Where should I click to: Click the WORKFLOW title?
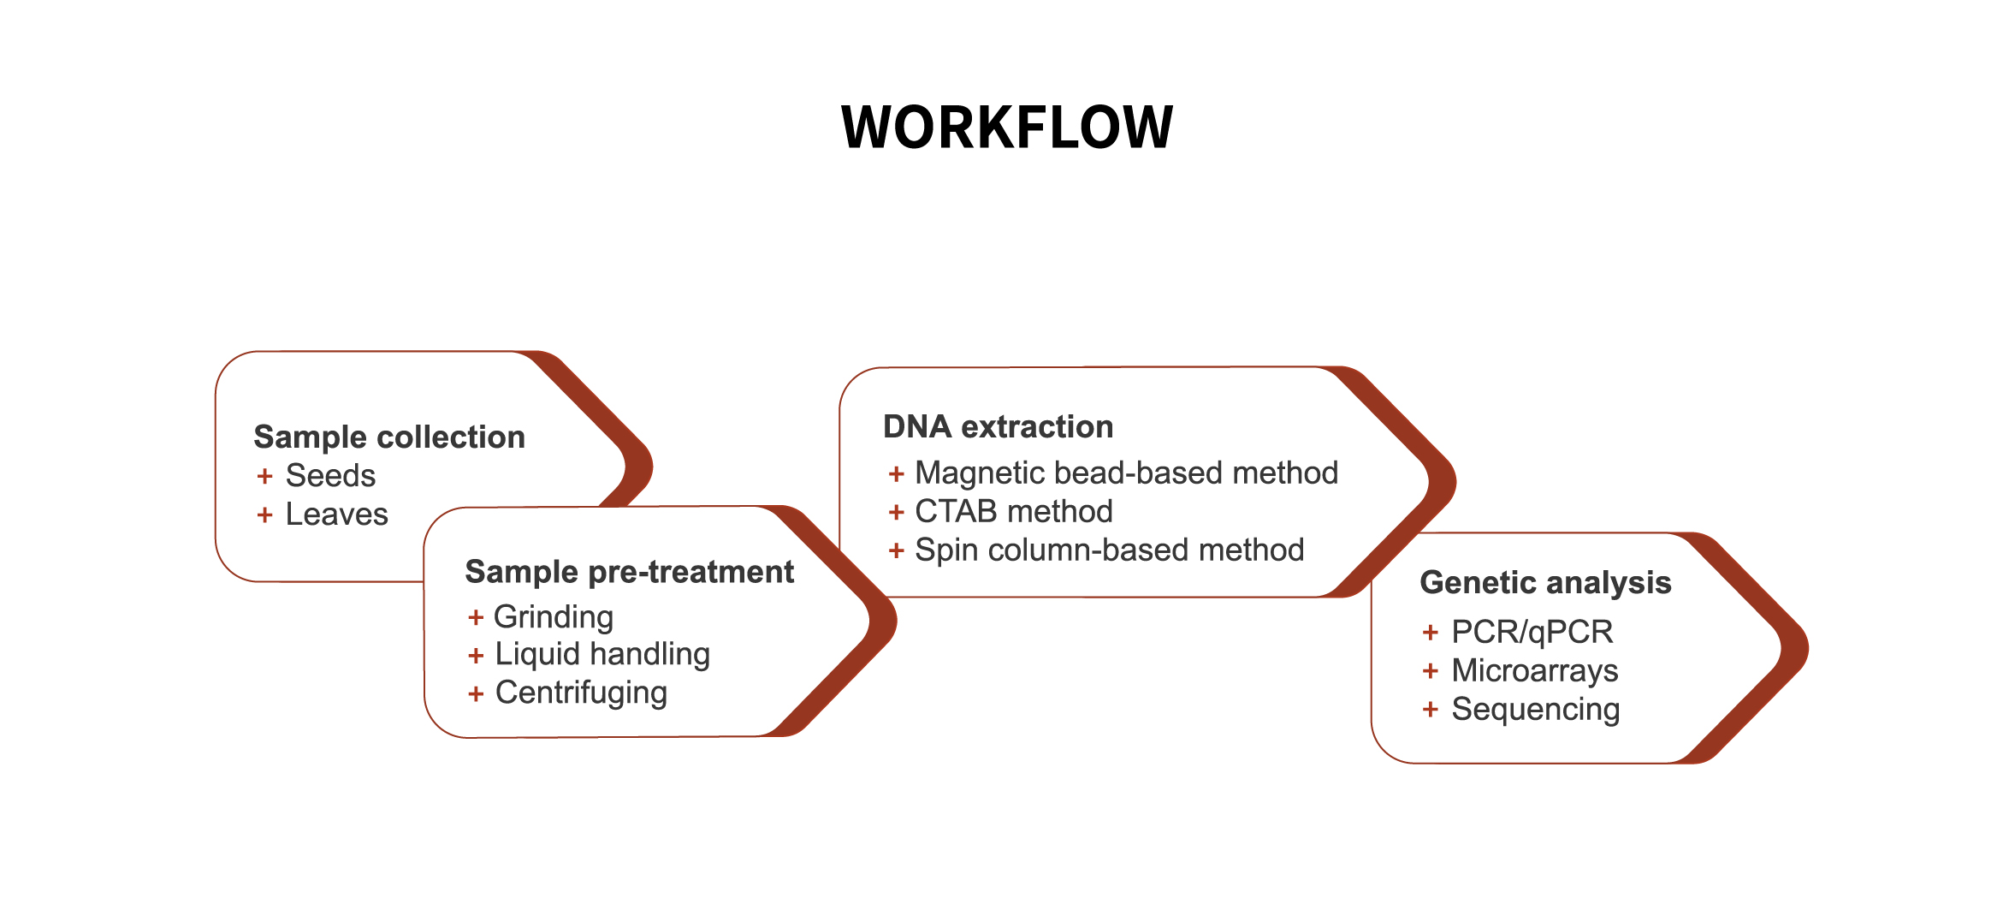1007,128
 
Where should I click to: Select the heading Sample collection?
389,437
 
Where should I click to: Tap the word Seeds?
330,475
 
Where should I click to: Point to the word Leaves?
336,514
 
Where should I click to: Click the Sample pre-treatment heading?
630,572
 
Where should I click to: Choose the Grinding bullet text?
554,617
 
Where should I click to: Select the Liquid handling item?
602,654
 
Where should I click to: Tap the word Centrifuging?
581,693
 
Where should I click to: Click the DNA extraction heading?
999,426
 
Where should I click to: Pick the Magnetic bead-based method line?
1127,473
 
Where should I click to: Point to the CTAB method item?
1014,511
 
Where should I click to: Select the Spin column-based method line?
1110,550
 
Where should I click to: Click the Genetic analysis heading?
1545,582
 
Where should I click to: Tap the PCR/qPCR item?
1532,632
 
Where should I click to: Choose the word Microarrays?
1535,670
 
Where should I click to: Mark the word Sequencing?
1536,710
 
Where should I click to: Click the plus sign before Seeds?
264,476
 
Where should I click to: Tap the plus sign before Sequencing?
1430,709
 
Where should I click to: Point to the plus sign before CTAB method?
896,512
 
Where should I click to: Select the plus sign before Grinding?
476,617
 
